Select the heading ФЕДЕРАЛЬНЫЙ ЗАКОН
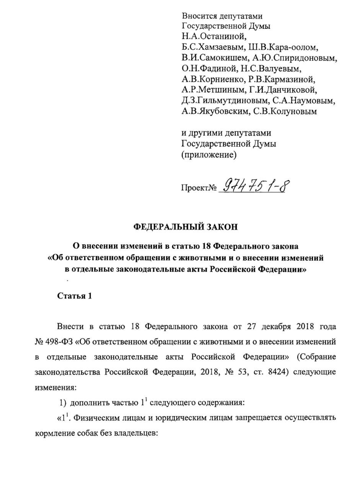coord(186,227)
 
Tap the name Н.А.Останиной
coord(213,37)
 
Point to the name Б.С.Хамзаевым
coord(213,47)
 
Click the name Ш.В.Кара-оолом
coord(283,47)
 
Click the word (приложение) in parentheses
coord(209,155)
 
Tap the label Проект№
coord(199,188)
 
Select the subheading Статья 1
coord(75,296)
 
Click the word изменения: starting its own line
coord(56,387)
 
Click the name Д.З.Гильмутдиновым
coord(225,101)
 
